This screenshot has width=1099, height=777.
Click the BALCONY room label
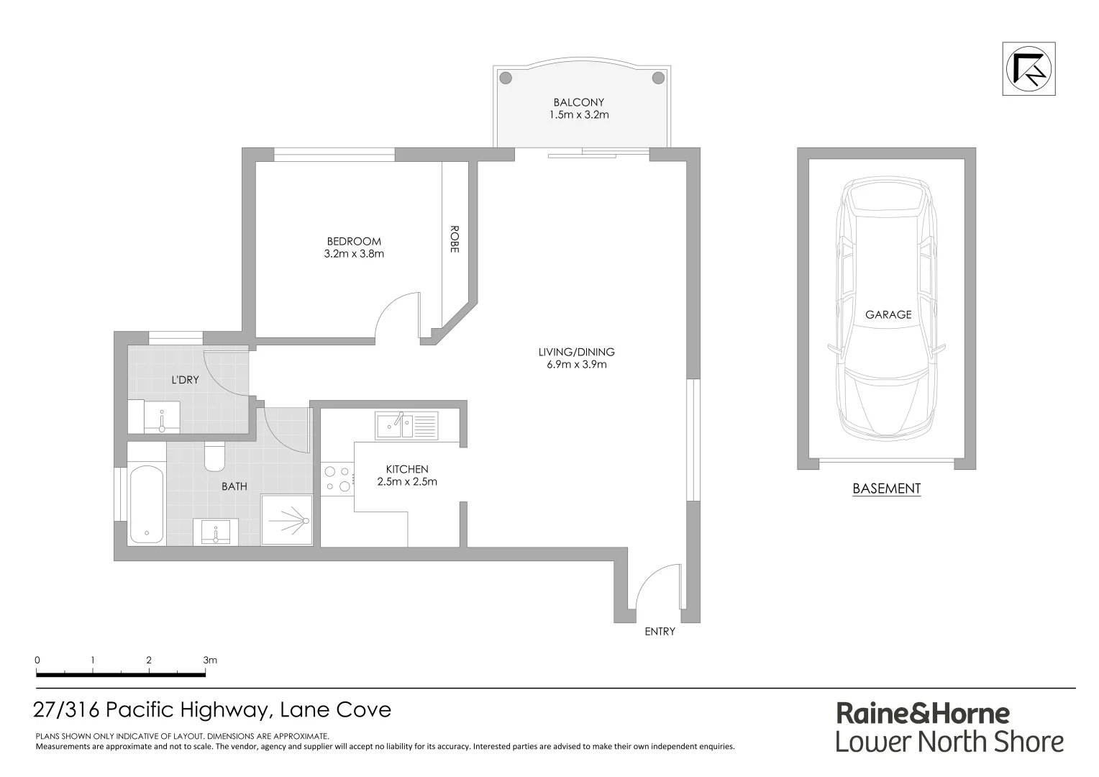[578, 102]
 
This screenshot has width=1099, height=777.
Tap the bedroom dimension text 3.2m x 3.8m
[354, 253]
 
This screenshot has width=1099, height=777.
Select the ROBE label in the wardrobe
[455, 239]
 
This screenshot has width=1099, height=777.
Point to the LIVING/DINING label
[576, 352]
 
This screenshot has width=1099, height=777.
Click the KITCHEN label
[406, 469]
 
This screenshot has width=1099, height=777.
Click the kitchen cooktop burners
[337, 480]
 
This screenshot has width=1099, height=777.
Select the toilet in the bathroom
[215, 455]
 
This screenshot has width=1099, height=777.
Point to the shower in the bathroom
[287, 519]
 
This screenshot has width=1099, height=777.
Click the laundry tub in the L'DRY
[162, 417]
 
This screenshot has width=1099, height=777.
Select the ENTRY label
[660, 632]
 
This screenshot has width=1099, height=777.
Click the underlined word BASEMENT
[886, 489]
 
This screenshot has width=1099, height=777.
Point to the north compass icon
[1029, 69]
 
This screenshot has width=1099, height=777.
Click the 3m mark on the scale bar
[209, 660]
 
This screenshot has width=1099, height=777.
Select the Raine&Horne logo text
[923, 713]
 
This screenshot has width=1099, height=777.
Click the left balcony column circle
[506, 78]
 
